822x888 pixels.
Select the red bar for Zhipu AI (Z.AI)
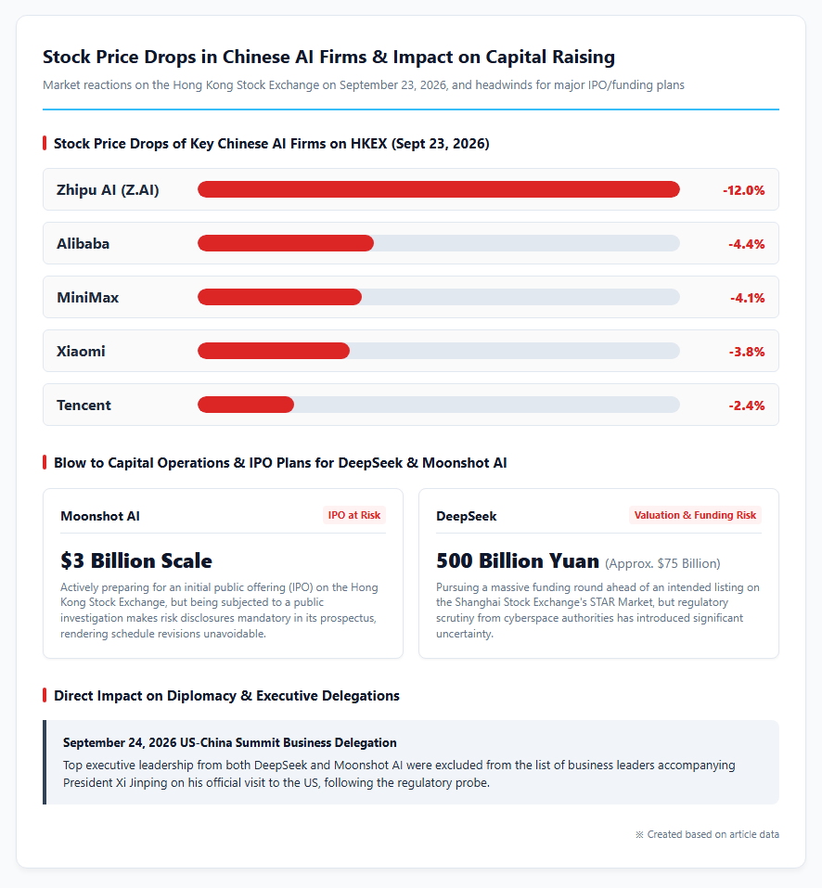coord(438,189)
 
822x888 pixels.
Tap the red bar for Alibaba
coord(286,243)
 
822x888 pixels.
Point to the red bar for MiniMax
coord(279,297)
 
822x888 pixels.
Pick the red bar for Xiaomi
coord(274,351)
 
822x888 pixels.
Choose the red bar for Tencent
coord(246,405)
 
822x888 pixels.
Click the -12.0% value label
coord(743,190)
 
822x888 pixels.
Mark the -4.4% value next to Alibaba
coord(746,244)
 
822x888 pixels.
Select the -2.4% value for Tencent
coord(746,405)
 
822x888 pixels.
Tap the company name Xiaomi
coord(81,351)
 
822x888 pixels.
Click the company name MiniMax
coord(88,297)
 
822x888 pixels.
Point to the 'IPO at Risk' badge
coord(354,515)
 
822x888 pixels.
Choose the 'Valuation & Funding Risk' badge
coord(695,515)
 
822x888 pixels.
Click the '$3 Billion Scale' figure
coord(136,560)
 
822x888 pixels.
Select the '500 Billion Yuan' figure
coord(518,560)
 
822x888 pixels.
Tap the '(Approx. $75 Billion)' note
coord(663,563)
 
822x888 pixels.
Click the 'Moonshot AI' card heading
coord(100,516)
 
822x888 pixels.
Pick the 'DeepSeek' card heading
coord(467,516)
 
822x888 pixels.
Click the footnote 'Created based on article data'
coord(707,834)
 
